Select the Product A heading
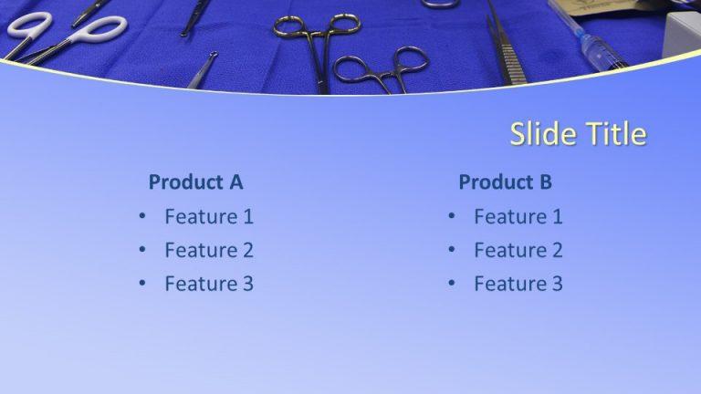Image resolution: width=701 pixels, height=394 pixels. pos(195,182)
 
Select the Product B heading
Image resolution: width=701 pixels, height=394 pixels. pos(505,182)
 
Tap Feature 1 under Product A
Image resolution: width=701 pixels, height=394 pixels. pos(209,217)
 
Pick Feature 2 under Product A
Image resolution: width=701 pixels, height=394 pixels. pos(209,251)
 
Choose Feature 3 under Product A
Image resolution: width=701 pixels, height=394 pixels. pos(209,284)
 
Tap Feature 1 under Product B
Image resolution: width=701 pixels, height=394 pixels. pos(518,217)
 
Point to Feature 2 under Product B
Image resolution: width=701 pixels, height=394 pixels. pos(518,251)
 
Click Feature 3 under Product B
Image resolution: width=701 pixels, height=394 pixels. pos(518,284)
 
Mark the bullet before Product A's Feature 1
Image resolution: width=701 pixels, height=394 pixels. pos(142,217)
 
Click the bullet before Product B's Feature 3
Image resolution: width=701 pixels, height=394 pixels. pos(451,284)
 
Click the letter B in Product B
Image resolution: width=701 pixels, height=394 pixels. pos(545,182)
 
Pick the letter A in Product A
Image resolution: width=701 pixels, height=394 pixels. pos(235,182)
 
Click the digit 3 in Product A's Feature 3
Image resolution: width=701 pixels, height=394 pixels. pos(246,284)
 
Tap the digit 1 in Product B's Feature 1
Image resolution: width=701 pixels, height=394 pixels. pos(557,217)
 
